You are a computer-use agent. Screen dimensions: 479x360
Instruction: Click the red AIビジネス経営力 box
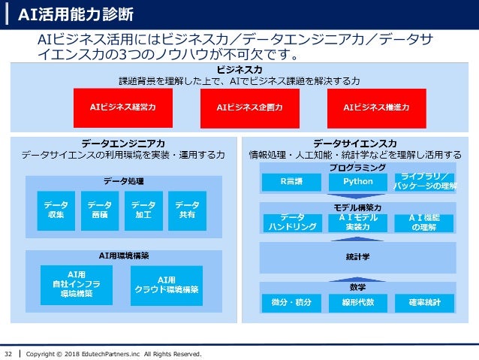(x=123, y=107)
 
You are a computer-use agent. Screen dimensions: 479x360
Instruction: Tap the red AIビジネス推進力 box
(x=375, y=107)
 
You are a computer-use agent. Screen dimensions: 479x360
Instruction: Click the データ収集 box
(x=56, y=210)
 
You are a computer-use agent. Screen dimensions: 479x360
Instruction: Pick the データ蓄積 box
(x=99, y=210)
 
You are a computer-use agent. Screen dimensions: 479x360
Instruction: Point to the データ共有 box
(x=187, y=210)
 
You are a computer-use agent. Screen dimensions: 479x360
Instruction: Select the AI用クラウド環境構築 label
(x=167, y=285)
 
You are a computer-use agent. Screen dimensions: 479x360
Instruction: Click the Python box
(x=357, y=182)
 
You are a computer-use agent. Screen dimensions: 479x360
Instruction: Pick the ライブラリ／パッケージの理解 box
(x=425, y=182)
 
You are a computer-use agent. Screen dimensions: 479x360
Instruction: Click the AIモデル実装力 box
(x=357, y=222)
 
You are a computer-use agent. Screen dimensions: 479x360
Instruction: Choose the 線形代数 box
(x=357, y=303)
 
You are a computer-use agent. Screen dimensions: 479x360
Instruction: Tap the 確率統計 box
(x=425, y=303)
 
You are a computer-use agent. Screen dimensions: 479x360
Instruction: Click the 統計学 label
(x=357, y=257)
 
